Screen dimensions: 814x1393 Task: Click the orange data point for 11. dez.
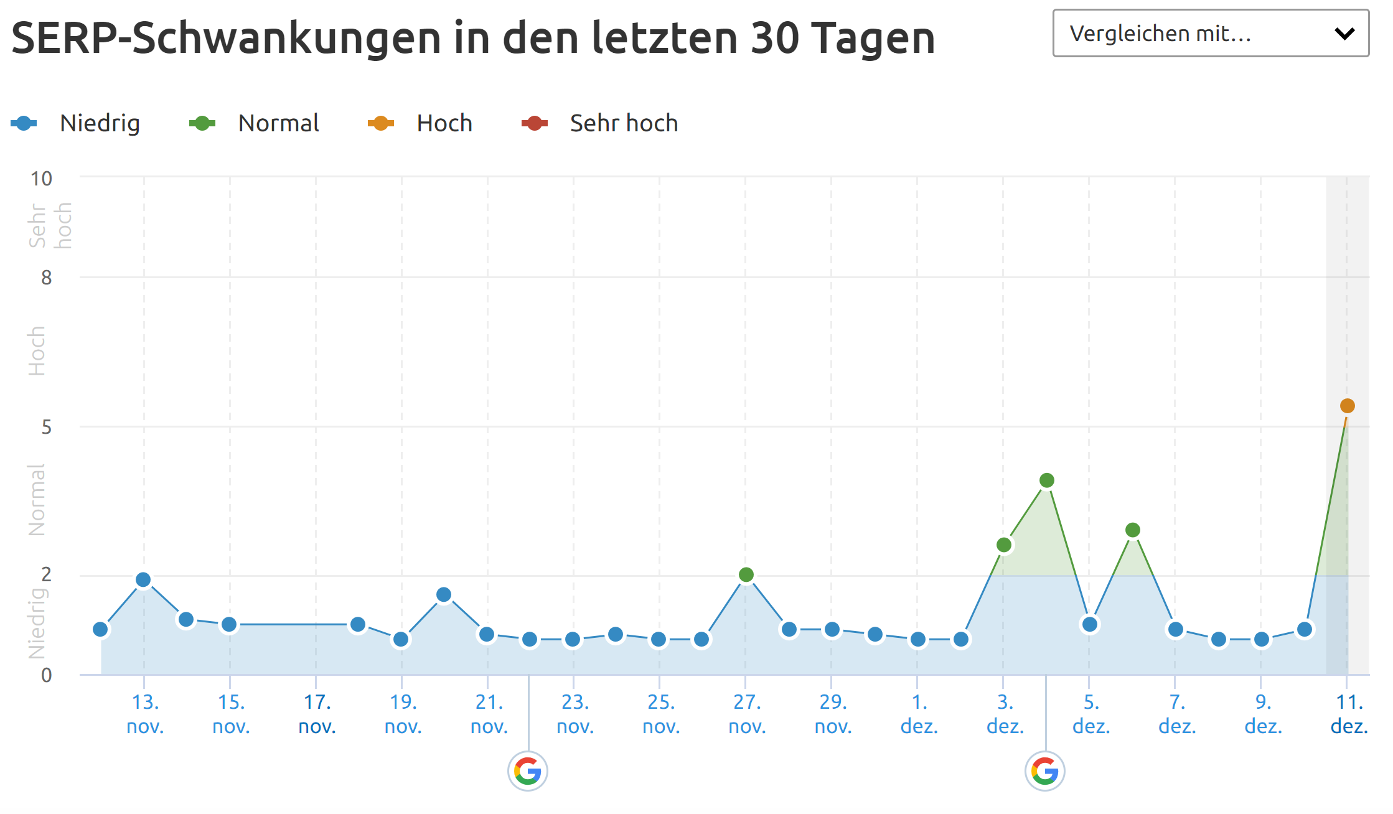coord(1347,406)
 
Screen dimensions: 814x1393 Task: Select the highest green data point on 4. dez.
coord(1046,480)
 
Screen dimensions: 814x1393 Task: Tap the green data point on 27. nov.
coord(746,574)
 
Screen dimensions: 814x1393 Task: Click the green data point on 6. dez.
coord(1132,530)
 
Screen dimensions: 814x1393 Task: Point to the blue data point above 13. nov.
coord(143,579)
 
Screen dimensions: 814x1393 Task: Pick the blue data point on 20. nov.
coord(443,594)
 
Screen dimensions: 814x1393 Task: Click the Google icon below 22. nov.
coord(528,771)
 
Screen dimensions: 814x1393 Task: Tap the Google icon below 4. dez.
coord(1044,771)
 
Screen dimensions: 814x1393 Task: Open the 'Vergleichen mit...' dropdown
coord(1210,34)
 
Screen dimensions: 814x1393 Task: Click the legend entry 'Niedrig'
coord(99,123)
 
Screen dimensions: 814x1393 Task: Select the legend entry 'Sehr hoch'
coord(623,123)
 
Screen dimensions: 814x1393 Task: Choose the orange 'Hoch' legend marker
coord(380,123)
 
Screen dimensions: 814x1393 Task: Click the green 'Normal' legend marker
coord(202,123)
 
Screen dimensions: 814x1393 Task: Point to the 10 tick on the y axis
coord(42,179)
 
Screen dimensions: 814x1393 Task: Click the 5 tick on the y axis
coord(46,427)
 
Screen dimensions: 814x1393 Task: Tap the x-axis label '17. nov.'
coord(317,714)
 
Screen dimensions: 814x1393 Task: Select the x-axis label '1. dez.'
coord(919,714)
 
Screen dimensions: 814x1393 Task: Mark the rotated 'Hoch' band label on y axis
coord(37,350)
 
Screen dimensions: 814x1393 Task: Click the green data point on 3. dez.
coord(1003,545)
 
